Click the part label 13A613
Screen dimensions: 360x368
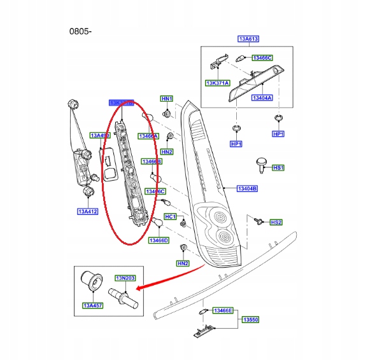(x=248, y=38)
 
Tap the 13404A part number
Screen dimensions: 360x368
(x=261, y=98)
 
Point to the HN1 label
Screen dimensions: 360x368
(x=166, y=99)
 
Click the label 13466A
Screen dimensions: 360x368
(x=148, y=135)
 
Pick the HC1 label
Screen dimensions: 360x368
(x=170, y=216)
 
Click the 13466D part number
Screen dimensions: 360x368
(x=159, y=240)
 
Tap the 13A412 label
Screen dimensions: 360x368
(x=88, y=211)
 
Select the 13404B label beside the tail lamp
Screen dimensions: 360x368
(x=247, y=189)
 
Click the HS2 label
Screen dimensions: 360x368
(x=276, y=222)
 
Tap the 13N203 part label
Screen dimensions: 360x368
(x=125, y=278)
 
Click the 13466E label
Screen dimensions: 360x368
(x=223, y=310)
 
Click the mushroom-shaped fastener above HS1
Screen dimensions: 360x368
(x=261, y=163)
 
